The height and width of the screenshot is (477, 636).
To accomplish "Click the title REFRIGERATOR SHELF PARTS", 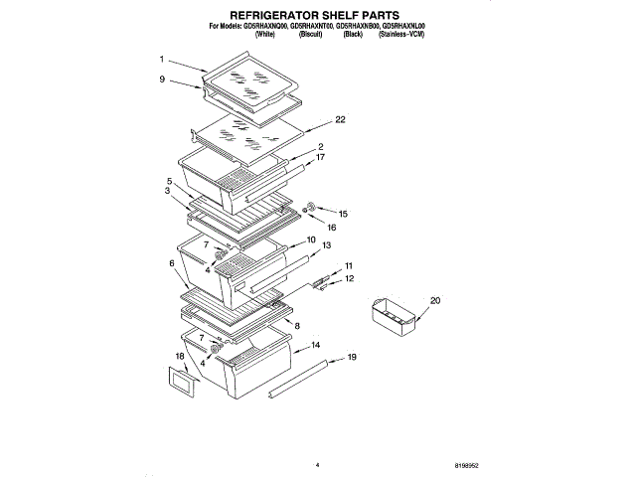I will point(315,17).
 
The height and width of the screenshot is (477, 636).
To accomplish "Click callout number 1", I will point(162,60).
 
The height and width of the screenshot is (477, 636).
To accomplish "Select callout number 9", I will point(162,79).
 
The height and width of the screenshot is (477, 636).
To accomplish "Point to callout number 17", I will point(320,157).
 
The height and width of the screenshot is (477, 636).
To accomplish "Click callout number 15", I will point(343,214).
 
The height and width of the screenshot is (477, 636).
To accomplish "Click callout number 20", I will point(434,300).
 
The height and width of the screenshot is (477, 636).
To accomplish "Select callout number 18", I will point(179,355).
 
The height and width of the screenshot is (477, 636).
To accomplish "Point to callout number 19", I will point(352,357).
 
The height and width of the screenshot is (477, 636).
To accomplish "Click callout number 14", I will point(315,346).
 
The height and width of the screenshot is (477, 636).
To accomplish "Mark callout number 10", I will point(310,239).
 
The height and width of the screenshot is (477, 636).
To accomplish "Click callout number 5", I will point(170,181).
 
